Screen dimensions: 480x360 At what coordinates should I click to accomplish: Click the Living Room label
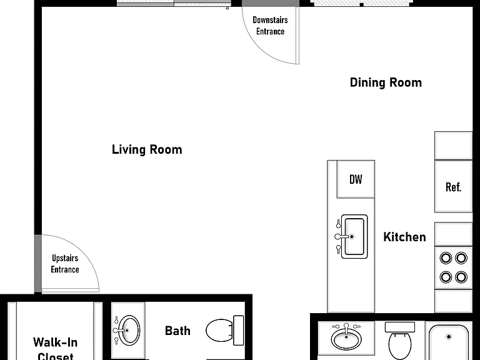147,150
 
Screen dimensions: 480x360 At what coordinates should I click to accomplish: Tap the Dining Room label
386,82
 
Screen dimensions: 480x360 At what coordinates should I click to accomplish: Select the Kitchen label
404,237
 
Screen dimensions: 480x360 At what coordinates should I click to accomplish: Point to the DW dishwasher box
356,179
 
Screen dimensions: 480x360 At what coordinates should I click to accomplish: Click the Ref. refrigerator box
453,186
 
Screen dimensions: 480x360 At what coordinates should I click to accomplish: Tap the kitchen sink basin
354,236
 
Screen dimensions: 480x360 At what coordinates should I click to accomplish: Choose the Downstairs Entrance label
270,26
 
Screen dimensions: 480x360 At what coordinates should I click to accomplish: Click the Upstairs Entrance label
65,264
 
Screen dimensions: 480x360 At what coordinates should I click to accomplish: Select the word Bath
177,331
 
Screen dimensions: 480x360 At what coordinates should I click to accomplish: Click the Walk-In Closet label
56,349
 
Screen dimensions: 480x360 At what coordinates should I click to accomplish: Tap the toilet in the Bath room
225,331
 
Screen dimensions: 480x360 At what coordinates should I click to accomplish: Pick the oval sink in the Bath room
129,331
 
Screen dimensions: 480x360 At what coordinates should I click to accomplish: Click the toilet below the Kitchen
400,341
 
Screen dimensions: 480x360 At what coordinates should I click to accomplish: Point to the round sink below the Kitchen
346,338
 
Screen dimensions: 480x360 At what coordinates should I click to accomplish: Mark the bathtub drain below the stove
449,337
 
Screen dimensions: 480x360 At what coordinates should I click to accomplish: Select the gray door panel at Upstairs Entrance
38,263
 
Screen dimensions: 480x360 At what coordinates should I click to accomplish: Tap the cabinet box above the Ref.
453,146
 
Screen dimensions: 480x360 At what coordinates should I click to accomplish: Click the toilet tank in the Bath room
239,331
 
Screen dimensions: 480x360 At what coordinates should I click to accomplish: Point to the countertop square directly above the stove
453,234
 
